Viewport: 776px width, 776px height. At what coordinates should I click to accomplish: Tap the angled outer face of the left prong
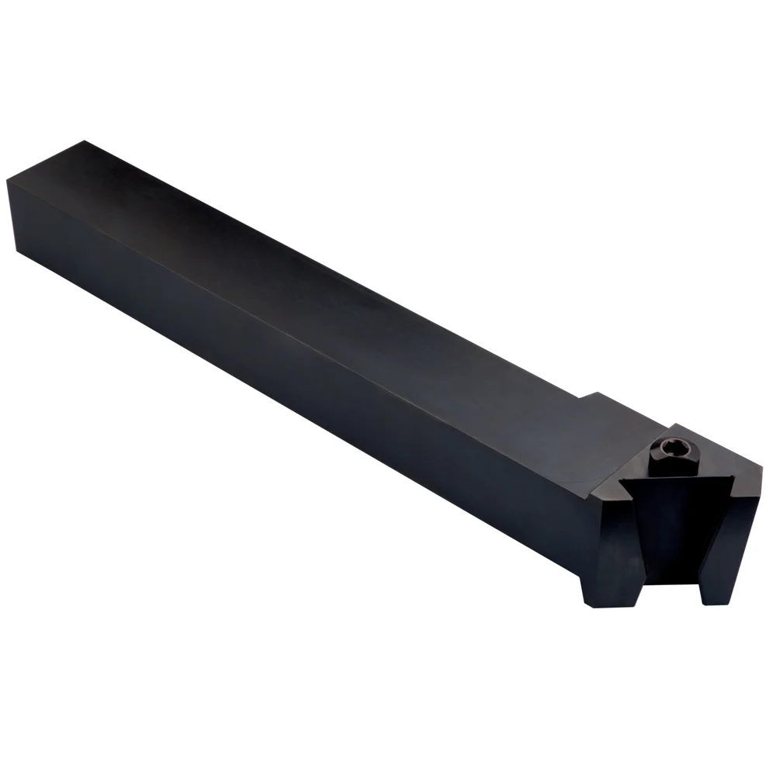point(625,543)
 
